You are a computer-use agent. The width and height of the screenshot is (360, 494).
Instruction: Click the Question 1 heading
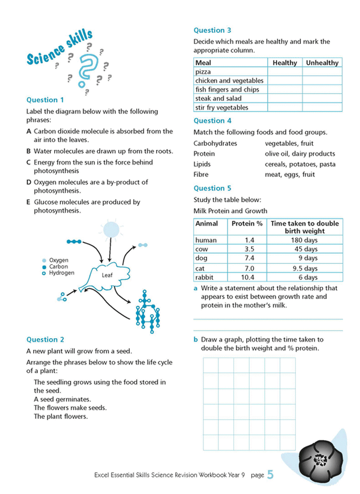(x=45, y=100)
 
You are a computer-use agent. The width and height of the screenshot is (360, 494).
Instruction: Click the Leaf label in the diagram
(x=107, y=276)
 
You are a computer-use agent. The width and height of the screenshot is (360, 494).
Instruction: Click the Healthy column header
(x=285, y=63)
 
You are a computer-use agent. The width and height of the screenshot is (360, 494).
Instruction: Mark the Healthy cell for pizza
(x=285, y=72)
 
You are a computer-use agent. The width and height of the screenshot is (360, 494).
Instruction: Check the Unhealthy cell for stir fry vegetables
(x=322, y=108)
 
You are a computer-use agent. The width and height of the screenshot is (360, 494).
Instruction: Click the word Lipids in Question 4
(x=202, y=164)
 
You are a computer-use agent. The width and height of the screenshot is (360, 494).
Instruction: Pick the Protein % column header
(x=247, y=223)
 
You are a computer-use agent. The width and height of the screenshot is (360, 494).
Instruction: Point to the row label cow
(x=201, y=249)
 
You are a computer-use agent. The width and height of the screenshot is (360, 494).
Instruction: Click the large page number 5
(x=270, y=475)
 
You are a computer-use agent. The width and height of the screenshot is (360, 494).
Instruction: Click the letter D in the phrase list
(x=29, y=182)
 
